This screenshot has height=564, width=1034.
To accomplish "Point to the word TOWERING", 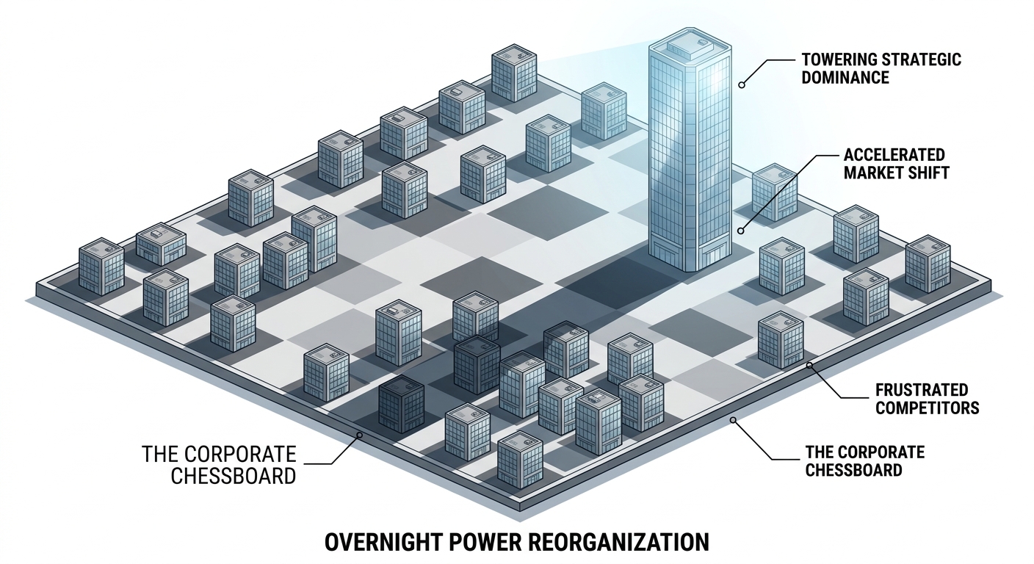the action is pos(839,59).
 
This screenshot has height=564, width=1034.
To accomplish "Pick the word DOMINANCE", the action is pos(845,78).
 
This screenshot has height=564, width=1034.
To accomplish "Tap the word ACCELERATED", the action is pos(893,155).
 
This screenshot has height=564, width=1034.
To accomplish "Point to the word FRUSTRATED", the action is pos(922,390).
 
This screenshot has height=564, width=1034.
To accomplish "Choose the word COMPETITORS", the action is pos(927,408).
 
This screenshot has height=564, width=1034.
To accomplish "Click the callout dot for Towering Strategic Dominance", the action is pos(741,85).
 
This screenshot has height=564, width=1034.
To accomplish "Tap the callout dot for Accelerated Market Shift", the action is pos(740,231).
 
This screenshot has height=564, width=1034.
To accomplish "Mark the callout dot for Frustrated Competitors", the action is pos(809,365).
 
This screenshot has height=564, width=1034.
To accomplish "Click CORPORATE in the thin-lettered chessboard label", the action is pos(239,455).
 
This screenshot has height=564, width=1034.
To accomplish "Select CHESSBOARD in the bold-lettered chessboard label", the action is pos(853,470).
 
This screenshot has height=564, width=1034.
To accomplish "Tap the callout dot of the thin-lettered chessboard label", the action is pos(360,435).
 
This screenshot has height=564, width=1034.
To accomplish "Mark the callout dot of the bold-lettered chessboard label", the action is pos(732,419).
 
